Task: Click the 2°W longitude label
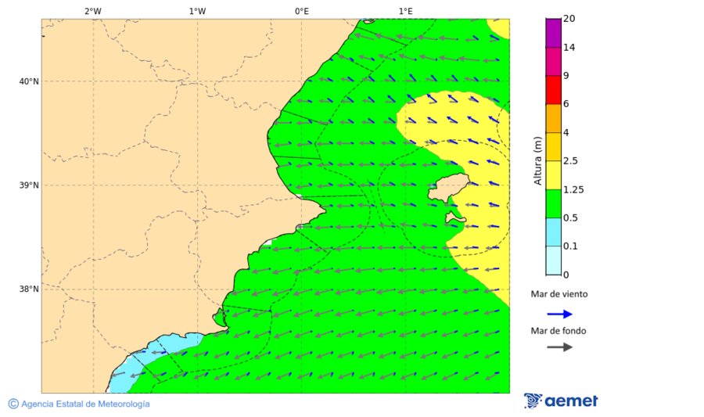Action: [92, 11]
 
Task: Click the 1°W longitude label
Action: [197, 11]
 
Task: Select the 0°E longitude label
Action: [301, 11]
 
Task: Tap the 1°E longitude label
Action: [406, 11]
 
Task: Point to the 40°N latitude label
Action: [28, 81]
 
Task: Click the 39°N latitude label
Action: [28, 185]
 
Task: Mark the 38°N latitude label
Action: [28, 289]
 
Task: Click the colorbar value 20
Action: [569, 19]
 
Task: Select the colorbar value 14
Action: [569, 48]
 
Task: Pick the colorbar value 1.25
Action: [574, 189]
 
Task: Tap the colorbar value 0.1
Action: [571, 246]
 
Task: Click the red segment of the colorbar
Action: [554, 89]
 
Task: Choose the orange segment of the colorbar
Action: [554, 118]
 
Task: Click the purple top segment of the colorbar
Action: [554, 33]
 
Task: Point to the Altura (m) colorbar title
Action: [537, 161]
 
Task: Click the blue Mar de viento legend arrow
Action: [559, 314]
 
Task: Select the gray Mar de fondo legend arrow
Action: [559, 347]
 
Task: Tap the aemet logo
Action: [561, 401]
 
